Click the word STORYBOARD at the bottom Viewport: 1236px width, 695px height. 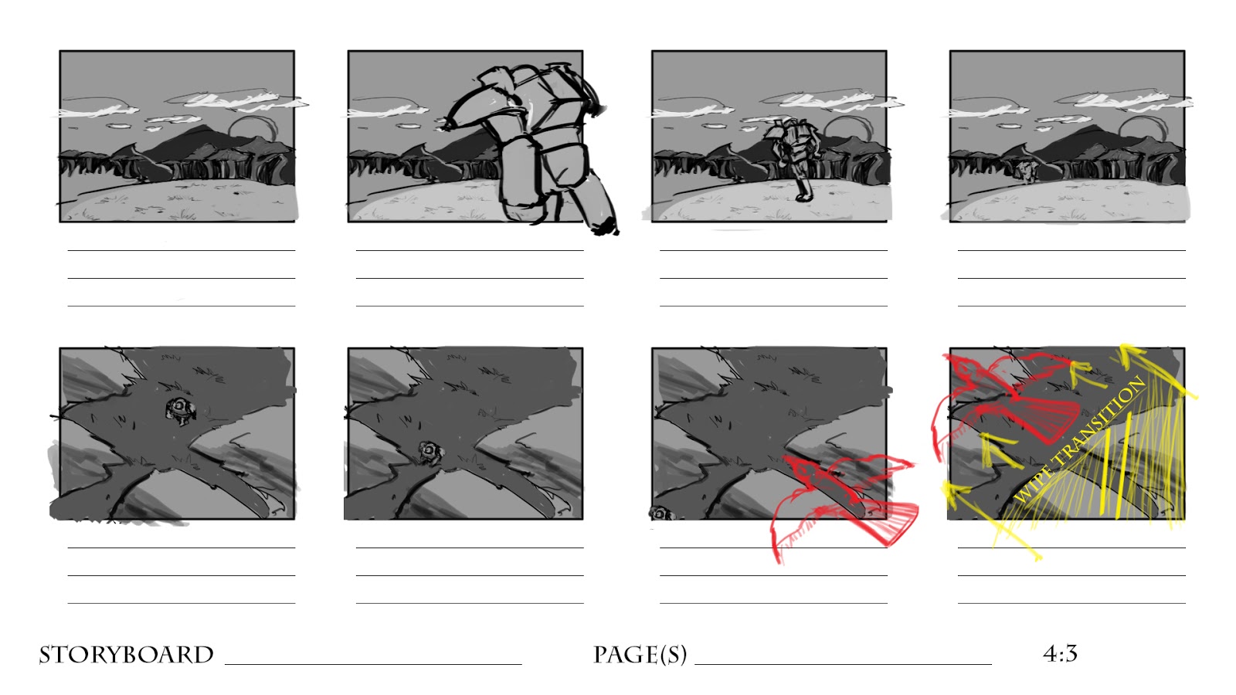126,655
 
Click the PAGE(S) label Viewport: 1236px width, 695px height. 640,655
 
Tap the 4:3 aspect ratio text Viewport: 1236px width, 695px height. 1060,653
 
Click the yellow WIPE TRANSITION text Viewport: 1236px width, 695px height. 1080,439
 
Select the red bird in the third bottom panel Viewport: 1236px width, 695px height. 844,503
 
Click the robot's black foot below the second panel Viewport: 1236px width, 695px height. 606,227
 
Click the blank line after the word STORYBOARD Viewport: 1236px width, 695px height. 373,664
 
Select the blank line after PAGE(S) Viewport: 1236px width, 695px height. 843,664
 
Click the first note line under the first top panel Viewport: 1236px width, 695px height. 182,250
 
